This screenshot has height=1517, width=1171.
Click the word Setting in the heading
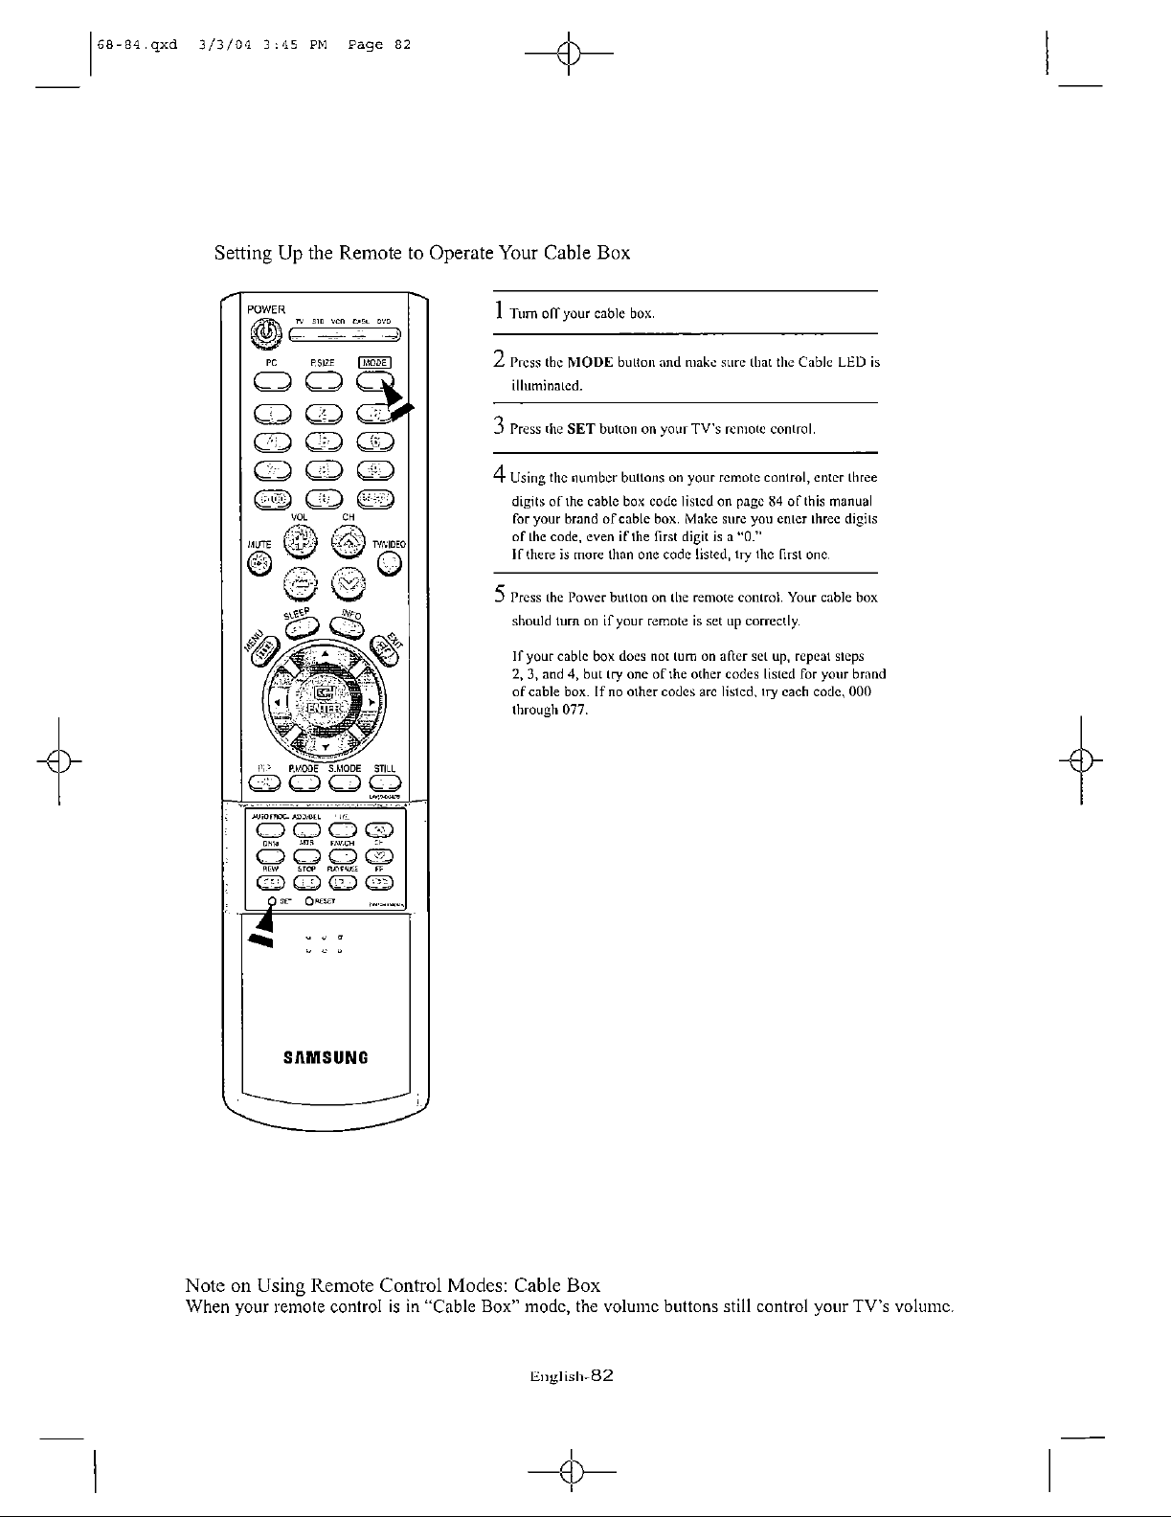[241, 254]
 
